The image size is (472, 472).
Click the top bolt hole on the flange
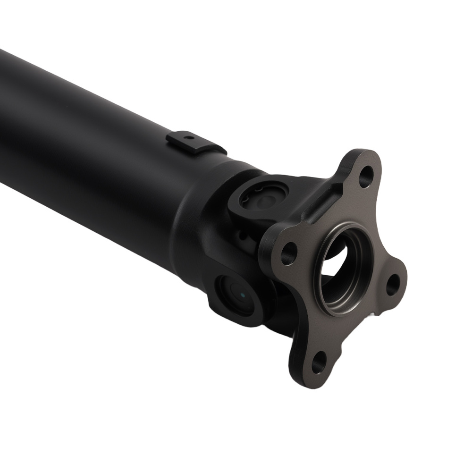pyautogui.click(x=364, y=179)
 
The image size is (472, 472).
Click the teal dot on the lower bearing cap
pyautogui.click(x=242, y=295)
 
